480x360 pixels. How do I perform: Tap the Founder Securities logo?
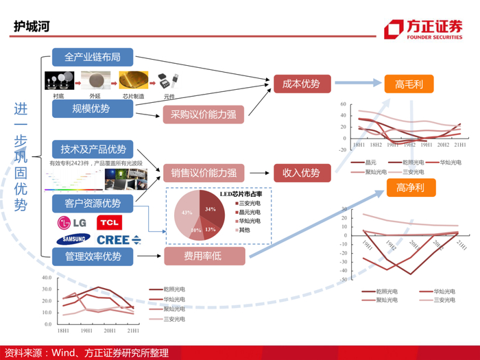point(423,29)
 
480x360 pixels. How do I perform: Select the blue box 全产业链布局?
point(92,57)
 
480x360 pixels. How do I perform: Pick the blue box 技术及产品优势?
point(93,149)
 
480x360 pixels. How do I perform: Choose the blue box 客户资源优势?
point(93,203)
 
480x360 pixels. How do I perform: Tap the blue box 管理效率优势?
point(93,256)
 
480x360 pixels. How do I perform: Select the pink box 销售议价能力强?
point(204,173)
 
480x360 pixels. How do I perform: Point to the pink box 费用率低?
point(204,256)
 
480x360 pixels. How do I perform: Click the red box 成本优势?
point(302,84)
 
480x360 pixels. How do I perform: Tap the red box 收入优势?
point(302,173)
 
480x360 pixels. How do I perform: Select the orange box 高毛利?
point(409,84)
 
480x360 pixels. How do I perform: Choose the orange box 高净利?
point(409,187)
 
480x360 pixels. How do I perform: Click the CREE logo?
point(117,239)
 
